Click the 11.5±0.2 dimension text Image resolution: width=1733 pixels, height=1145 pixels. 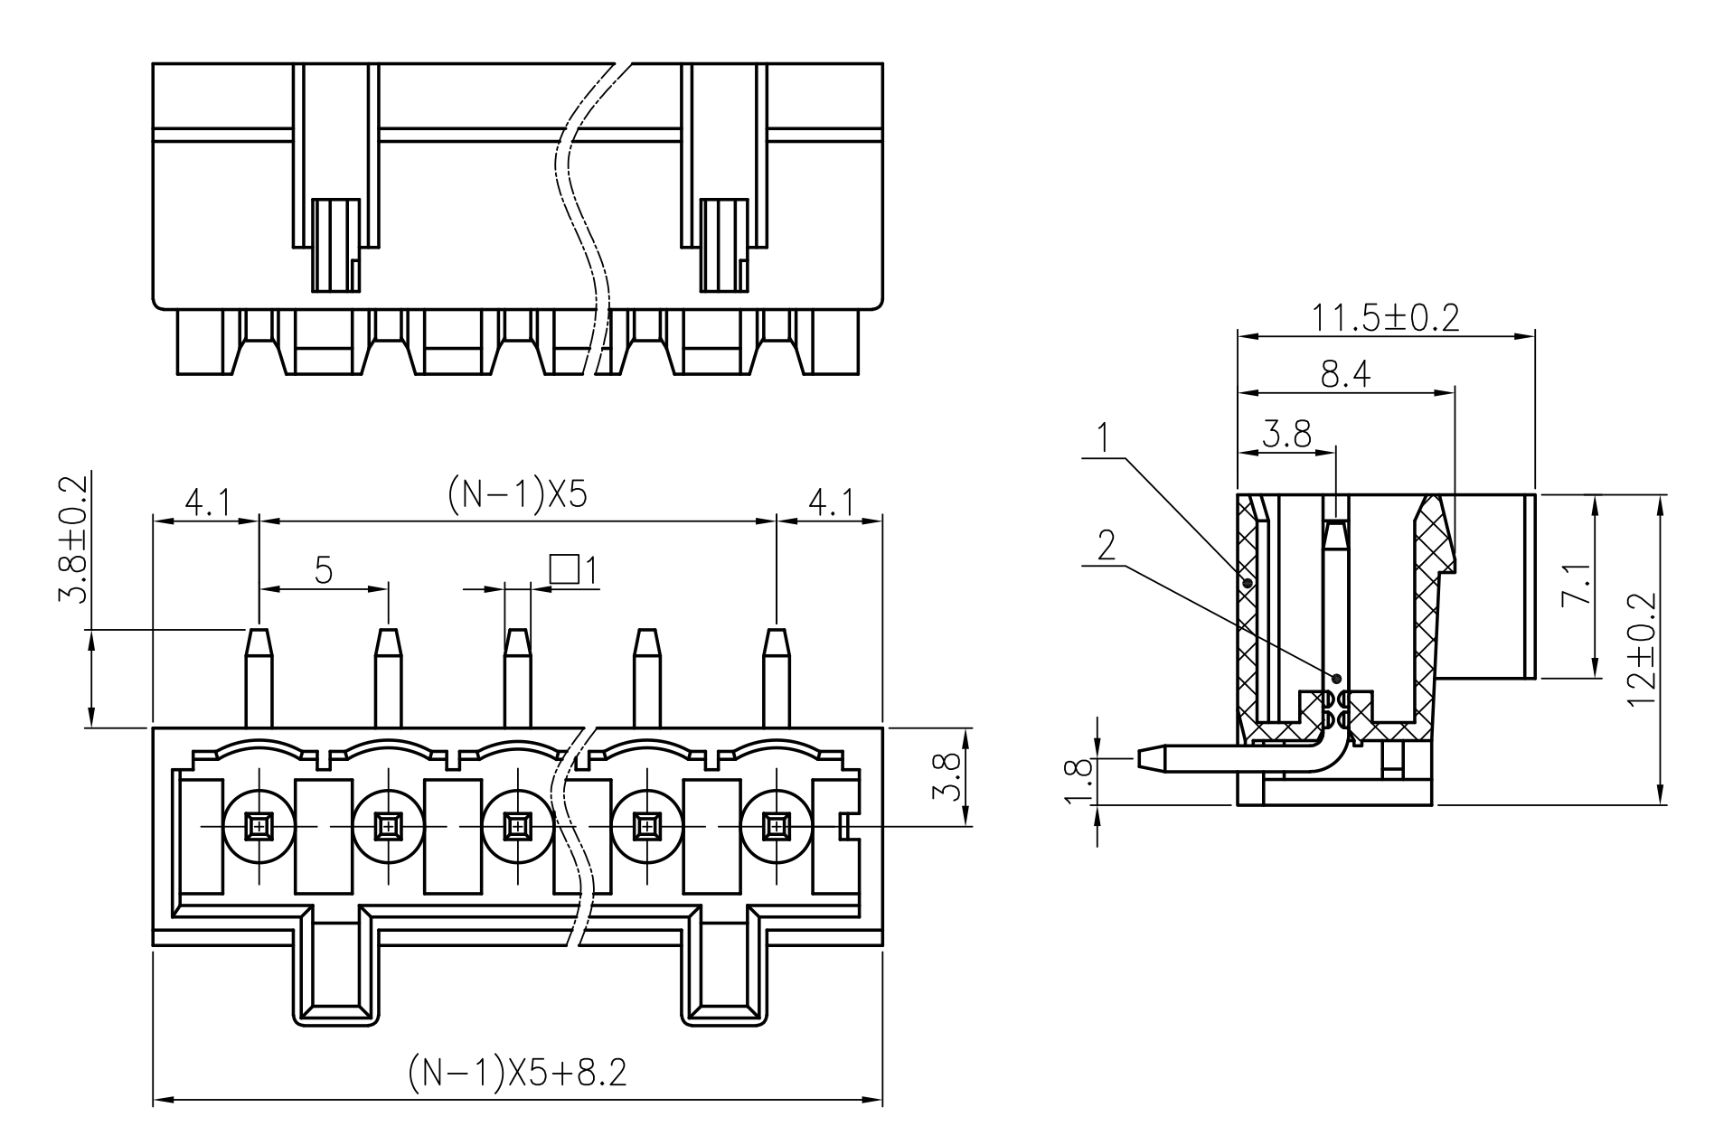(x=1385, y=318)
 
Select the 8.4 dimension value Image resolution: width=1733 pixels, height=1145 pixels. (x=1345, y=374)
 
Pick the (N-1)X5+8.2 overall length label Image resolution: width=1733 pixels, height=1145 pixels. (x=516, y=1073)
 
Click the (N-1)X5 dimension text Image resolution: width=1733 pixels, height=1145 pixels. (x=517, y=494)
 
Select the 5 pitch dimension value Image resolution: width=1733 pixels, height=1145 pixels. (x=324, y=570)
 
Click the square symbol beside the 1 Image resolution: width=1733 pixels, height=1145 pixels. (x=563, y=568)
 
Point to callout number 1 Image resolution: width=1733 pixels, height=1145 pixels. (x=1102, y=437)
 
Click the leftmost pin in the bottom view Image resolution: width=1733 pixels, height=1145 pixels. (x=259, y=678)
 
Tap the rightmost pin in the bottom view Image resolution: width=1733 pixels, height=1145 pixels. (x=776, y=678)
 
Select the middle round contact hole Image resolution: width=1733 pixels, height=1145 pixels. (x=517, y=826)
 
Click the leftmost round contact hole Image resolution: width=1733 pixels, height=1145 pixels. (x=259, y=826)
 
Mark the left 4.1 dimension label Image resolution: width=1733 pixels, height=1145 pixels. (x=207, y=502)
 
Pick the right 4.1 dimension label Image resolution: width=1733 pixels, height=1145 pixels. (x=829, y=502)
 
